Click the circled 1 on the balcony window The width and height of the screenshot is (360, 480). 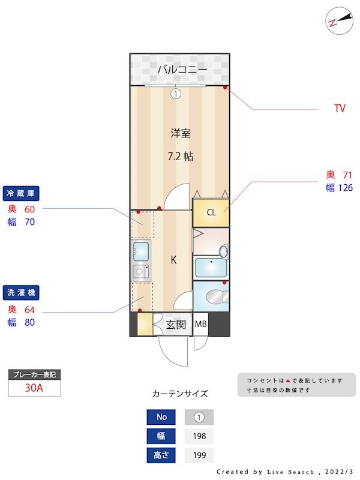pos(175,94)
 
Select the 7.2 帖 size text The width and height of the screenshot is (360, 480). pos(180,156)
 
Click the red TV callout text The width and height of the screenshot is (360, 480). pos(340,109)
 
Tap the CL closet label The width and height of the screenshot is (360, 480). pos(211,212)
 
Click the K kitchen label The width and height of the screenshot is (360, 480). pos(173,260)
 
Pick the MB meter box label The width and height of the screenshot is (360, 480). pos(200,325)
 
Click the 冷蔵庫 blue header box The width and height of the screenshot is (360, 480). pos(22,193)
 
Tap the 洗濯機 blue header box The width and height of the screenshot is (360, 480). pos(22,293)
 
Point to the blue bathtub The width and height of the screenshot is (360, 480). pos(210,266)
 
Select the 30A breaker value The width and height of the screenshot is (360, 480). pos(34,388)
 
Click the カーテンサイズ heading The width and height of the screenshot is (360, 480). pos(180,394)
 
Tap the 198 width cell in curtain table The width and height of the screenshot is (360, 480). pos(199,436)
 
